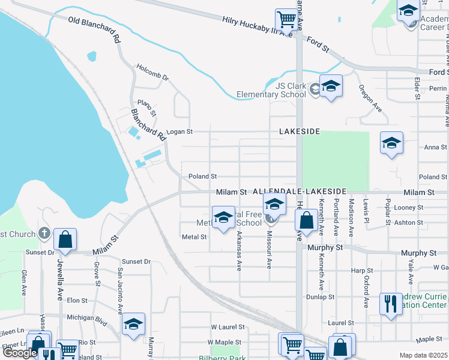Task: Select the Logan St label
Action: coord(179,131)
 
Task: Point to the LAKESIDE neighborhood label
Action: coord(299,131)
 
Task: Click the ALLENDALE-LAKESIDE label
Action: coord(300,190)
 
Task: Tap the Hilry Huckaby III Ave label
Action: coord(257,27)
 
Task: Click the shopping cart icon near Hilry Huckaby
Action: coord(287,19)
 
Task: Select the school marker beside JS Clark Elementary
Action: coord(331,85)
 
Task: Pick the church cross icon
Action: coord(43,233)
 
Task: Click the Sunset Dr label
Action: coord(136,262)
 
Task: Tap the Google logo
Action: coord(20,353)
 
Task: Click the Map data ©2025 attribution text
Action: coord(424,355)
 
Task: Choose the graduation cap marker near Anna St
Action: coord(391,143)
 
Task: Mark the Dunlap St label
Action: coord(320,296)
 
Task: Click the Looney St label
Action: coord(409,208)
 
